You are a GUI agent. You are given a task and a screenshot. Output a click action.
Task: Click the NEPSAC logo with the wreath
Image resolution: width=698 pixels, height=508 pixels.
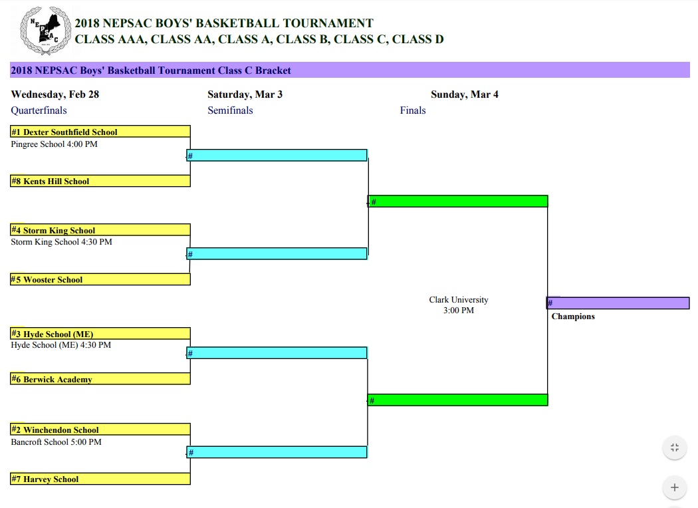45,31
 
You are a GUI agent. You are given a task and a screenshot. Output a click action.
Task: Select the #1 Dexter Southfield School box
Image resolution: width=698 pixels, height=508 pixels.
100,132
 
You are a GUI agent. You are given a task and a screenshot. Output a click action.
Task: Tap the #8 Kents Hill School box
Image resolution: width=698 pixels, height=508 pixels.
100,181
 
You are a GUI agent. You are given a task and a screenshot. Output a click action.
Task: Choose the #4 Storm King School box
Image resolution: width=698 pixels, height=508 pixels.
100,230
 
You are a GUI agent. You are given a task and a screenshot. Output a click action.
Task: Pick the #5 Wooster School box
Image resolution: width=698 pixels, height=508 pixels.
100,279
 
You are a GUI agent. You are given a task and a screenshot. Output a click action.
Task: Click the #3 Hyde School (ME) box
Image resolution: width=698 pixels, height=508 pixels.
100,334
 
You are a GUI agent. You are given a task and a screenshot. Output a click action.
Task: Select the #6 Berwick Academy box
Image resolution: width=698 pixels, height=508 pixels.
100,379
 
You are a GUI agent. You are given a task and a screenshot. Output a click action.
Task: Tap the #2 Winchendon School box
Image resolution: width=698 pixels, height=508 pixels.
100,430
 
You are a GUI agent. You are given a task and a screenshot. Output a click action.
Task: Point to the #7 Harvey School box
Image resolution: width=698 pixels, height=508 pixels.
100,479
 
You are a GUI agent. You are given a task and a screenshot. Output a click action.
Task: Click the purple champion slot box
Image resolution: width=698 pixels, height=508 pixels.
618,303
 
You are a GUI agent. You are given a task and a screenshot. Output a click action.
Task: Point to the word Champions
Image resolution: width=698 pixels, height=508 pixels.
573,317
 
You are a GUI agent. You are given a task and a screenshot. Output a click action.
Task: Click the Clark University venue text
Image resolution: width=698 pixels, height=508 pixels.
459,300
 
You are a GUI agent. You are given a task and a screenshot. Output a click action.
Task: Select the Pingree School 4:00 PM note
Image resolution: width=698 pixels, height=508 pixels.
55,144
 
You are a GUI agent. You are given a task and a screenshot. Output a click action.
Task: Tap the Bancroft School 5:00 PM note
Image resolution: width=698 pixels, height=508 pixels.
57,442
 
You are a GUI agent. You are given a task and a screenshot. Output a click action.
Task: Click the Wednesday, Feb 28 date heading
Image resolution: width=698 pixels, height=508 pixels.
55,94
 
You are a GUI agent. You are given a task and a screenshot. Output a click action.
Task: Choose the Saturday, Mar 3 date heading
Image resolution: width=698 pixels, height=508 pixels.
245,94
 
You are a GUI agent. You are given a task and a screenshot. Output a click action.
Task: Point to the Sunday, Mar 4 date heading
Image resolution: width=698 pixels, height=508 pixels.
465,94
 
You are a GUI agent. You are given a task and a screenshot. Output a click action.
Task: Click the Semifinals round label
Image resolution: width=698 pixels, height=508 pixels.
230,110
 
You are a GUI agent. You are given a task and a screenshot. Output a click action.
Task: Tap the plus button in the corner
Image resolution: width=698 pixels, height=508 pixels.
674,487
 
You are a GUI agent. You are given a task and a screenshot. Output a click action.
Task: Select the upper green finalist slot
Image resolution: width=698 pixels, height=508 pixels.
458,201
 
